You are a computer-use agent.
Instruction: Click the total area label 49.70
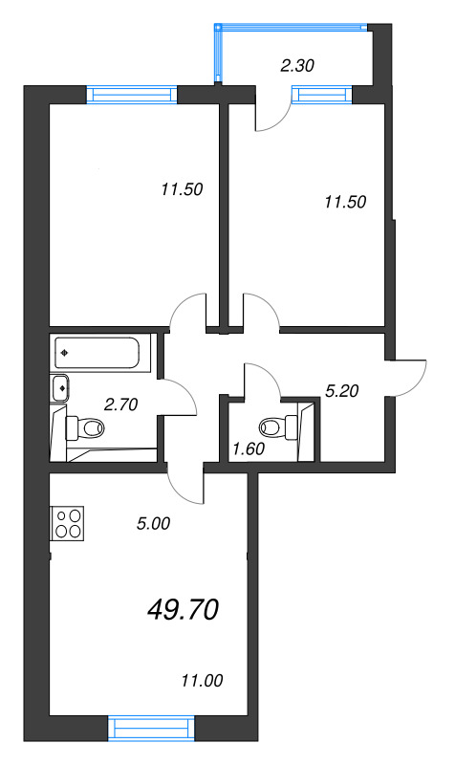point(184,607)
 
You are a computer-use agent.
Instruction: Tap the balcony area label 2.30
point(296,66)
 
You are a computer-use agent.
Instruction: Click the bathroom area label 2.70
point(121,404)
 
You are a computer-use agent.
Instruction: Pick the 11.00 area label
point(201,681)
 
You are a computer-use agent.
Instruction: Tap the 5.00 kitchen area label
point(153,523)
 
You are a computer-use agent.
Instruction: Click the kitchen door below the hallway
point(186,483)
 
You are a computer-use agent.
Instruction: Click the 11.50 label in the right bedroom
point(345,202)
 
